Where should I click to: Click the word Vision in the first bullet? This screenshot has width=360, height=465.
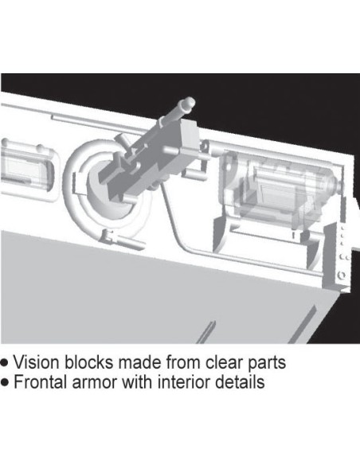tap(37, 362)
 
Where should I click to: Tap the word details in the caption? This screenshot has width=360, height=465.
tap(240, 381)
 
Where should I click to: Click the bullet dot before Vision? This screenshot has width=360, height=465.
tap(5, 363)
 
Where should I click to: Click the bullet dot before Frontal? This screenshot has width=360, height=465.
tap(5, 382)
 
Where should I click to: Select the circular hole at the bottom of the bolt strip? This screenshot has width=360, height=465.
tap(342, 275)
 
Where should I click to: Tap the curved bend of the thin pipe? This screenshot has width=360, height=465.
tap(183, 245)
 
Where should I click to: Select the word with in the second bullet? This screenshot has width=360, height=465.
tap(137, 381)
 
